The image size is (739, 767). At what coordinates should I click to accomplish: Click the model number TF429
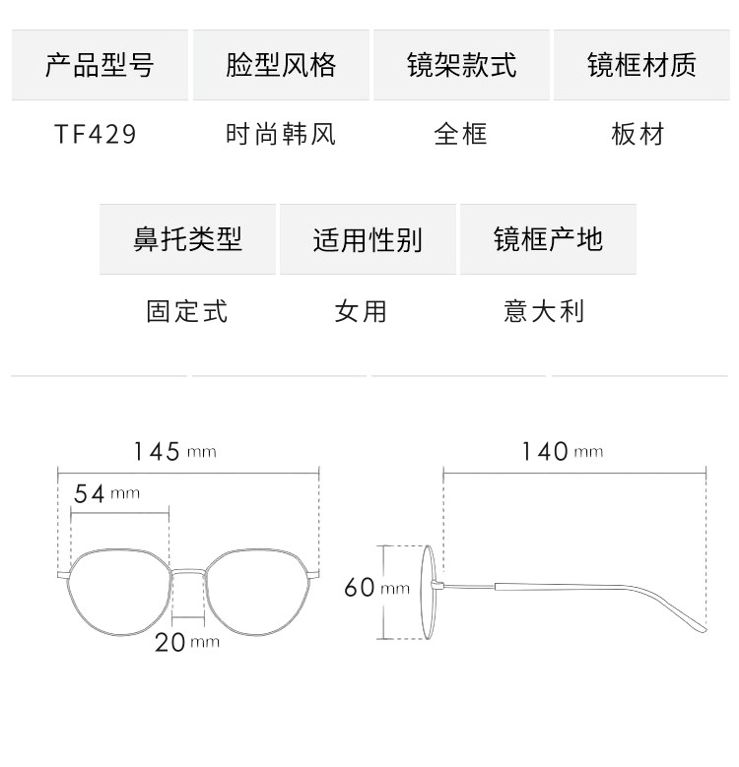(x=96, y=133)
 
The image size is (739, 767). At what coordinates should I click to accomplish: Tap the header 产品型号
(x=100, y=65)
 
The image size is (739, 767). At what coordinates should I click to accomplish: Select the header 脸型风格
(x=281, y=65)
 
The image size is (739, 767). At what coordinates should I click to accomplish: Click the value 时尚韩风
(x=281, y=133)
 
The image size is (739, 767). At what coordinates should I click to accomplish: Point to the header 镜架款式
(x=461, y=65)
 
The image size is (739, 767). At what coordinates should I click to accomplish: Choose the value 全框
(x=461, y=133)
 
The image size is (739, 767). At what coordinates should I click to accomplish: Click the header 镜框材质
(x=641, y=65)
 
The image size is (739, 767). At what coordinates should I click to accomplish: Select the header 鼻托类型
(x=187, y=239)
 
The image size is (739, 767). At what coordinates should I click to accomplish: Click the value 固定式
(x=187, y=311)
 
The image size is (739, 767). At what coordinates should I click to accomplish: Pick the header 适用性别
(x=368, y=239)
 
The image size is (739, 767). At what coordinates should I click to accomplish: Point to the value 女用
(x=361, y=311)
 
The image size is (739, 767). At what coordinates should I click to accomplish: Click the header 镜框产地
(x=548, y=239)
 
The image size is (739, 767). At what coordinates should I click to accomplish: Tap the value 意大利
(x=544, y=311)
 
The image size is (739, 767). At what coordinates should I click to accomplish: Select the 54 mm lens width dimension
(x=106, y=493)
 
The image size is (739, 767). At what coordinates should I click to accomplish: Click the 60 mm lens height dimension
(x=375, y=588)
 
